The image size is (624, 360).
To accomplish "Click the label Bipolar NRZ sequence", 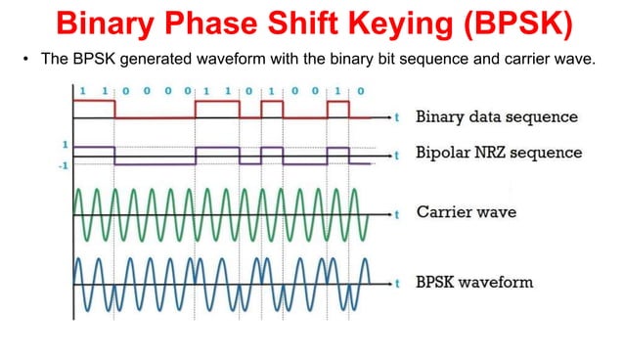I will click(499, 153).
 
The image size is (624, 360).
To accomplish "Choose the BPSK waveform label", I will click(475, 282).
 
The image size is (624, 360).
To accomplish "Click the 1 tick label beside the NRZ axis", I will click(65, 145).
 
